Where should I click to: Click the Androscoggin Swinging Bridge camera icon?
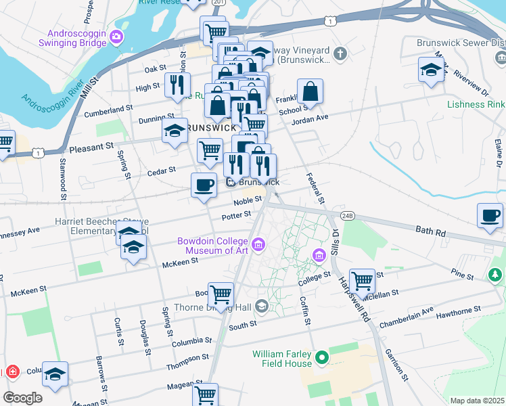point(118,36)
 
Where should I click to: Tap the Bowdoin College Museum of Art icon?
point(258,244)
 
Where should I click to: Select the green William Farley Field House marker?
point(322,357)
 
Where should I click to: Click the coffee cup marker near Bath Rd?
point(490,216)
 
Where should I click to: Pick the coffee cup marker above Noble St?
point(204,185)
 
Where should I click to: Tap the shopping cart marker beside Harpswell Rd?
point(363,279)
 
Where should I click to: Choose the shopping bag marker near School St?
point(310,91)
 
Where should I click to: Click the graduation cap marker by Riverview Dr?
point(431,70)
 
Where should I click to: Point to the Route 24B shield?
point(348,216)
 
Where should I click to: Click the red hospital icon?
point(11,372)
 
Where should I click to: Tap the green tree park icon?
point(495,275)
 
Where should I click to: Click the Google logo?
point(22,398)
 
